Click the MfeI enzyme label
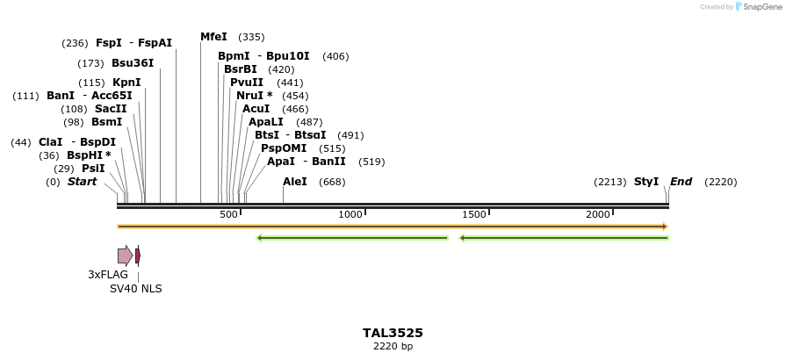pos(213,37)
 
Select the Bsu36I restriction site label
pos(133,63)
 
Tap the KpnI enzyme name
pos(126,83)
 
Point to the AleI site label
pos(295,182)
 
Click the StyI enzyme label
pos(646,182)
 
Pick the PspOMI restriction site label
pos(284,148)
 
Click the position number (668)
pos(332,182)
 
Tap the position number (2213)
pos(609,182)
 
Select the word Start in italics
pos(82,182)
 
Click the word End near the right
pos(681,182)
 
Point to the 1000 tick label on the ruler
pos(350,214)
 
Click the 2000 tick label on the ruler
pos(598,214)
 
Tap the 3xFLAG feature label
pos(108,275)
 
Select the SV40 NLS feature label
pos(135,289)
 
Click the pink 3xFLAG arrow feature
pos(125,256)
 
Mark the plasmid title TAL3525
pos(393,333)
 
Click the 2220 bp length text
pos(393,347)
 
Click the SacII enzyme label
pos(111,109)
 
